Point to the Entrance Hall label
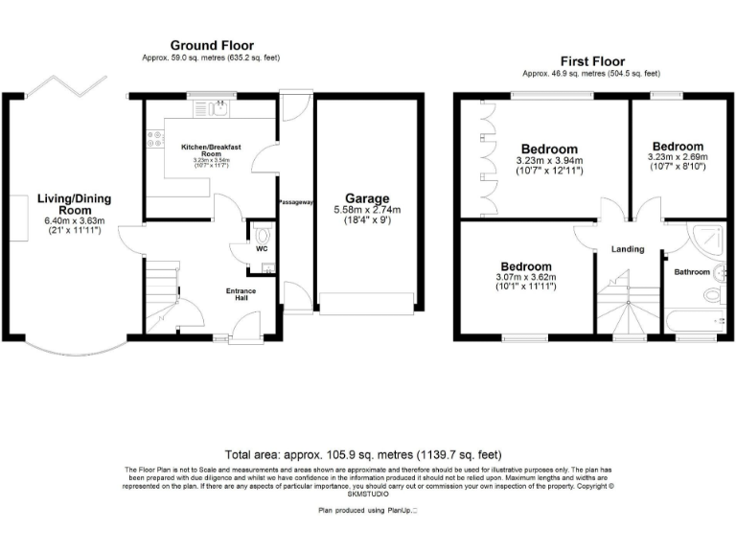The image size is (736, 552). (241, 294)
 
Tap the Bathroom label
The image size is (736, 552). (691, 272)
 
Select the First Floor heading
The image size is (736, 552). (590, 60)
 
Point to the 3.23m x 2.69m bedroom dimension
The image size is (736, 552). (678, 157)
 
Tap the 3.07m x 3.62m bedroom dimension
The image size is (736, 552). (525, 277)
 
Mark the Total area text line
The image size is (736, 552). (363, 453)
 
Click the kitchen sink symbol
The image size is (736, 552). (219, 107)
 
